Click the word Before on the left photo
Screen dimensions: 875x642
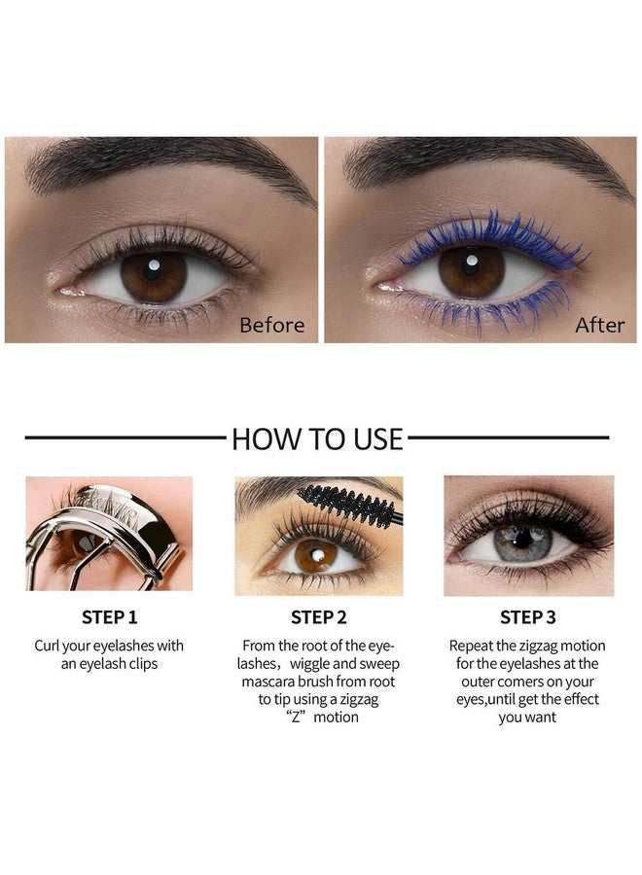point(272,324)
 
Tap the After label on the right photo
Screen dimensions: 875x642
point(599,324)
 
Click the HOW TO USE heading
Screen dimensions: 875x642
point(317,438)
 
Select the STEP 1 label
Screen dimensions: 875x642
point(109,617)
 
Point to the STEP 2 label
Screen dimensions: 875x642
point(318,617)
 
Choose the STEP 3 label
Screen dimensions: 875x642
point(527,617)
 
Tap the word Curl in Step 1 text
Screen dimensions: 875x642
point(50,646)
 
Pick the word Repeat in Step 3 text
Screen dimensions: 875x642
point(473,646)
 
